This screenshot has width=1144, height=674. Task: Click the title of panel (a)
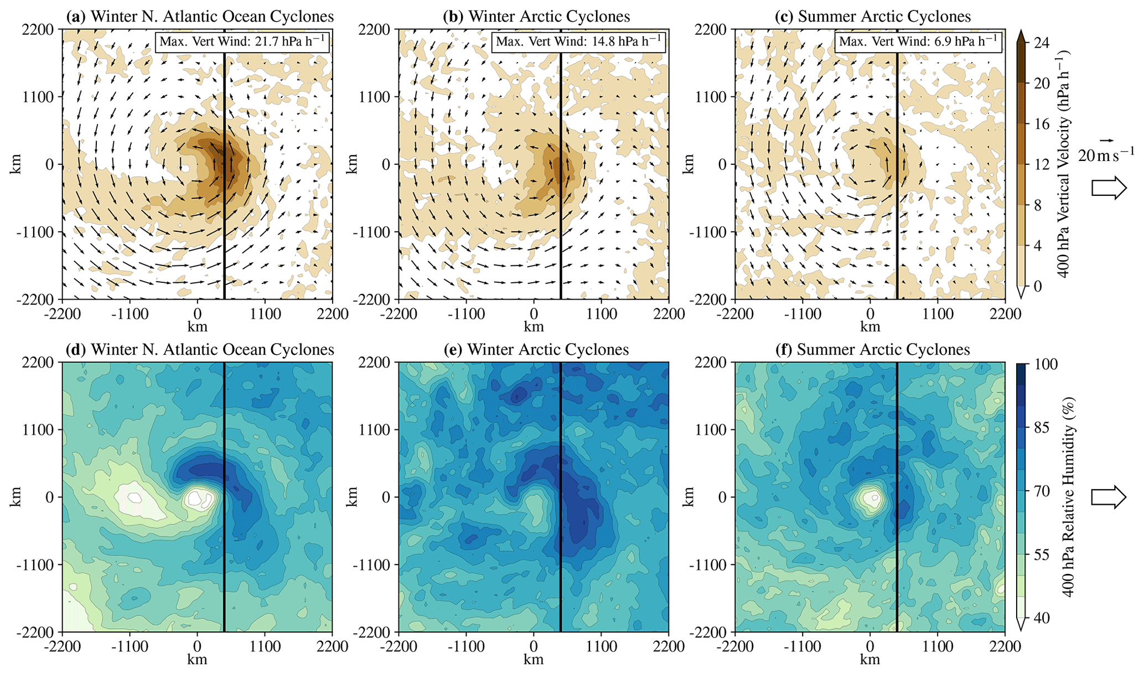click(200, 17)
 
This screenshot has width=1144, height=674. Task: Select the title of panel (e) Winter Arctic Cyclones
click(536, 350)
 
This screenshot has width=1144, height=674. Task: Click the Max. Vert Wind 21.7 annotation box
click(242, 42)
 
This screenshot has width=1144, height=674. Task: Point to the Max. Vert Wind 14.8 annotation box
click(578, 42)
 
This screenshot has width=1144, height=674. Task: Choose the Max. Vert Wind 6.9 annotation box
click(918, 42)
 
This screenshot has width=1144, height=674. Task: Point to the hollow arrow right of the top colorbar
click(1109, 188)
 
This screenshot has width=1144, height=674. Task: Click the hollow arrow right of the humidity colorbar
click(1109, 497)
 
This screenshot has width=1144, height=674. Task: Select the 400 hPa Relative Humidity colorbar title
click(1069, 496)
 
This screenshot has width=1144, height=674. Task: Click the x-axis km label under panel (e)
click(534, 660)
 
